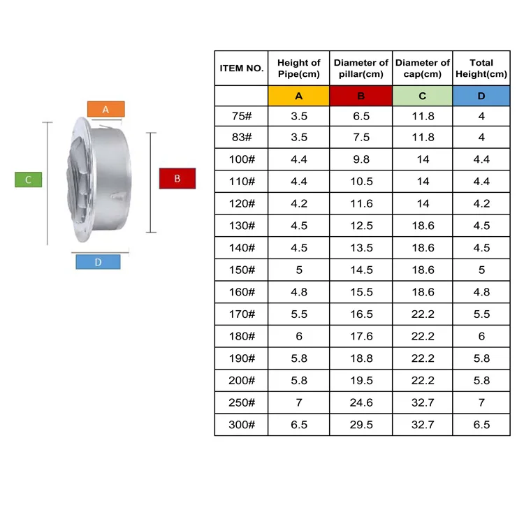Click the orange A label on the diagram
(105, 109)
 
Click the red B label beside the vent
(177, 179)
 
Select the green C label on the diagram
(29, 180)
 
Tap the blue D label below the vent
(98, 262)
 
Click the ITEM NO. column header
(241, 68)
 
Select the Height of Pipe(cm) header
(298, 68)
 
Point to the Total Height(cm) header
(481, 68)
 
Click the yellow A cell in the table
(298, 96)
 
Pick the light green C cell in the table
(422, 96)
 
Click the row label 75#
(241, 116)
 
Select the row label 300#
(241, 425)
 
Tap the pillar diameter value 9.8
(361, 159)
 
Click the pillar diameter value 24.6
(361, 402)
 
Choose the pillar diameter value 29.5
(361, 425)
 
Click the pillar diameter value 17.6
(361, 336)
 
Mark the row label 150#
(241, 270)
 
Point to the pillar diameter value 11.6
(361, 204)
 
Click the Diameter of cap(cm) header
(422, 68)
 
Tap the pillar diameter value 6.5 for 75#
(361, 116)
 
